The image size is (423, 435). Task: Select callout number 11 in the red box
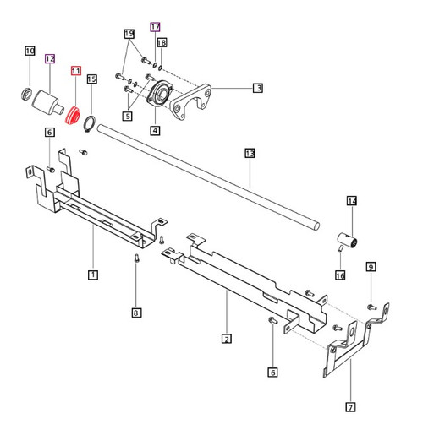(75, 72)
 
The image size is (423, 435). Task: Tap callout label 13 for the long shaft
(250, 155)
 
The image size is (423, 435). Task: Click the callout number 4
(155, 130)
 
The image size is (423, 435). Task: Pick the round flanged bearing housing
(157, 95)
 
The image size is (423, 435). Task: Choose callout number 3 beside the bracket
(257, 87)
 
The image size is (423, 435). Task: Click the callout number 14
(351, 202)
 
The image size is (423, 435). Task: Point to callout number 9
(370, 268)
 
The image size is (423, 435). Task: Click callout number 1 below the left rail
(92, 275)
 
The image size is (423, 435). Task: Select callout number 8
(136, 313)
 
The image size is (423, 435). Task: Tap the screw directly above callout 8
(136, 260)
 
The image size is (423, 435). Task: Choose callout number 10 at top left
(29, 52)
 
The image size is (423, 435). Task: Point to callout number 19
(129, 34)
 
